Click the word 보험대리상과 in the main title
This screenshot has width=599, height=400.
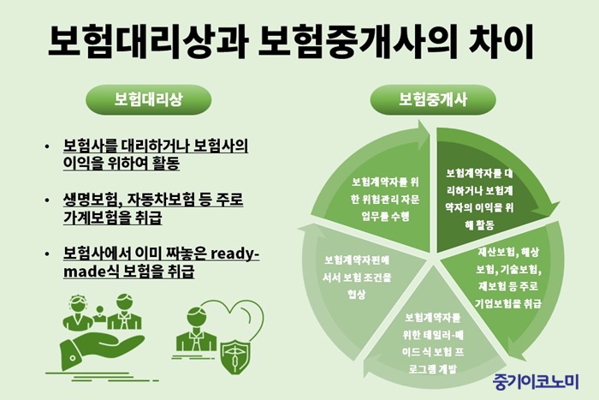click(148, 42)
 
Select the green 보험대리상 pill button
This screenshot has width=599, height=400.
click(148, 100)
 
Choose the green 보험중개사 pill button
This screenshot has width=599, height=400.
click(433, 100)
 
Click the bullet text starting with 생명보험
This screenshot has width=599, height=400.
click(153, 209)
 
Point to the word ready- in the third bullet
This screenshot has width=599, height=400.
click(235, 254)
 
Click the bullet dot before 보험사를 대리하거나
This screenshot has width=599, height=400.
click(47, 146)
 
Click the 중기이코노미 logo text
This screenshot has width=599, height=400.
click(536, 382)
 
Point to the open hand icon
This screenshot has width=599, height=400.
click(101, 350)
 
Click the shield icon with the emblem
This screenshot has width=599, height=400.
click(235, 355)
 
